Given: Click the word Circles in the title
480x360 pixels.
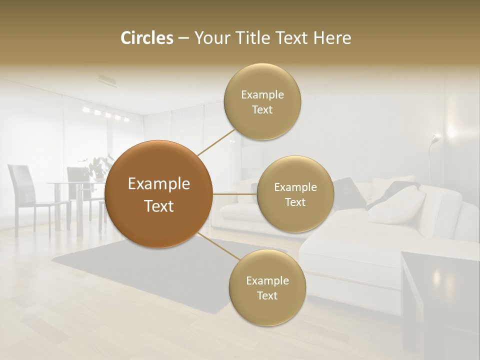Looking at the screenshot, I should point(147,38).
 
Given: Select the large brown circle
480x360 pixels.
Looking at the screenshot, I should point(159,194).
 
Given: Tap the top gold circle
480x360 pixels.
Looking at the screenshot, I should point(262,102).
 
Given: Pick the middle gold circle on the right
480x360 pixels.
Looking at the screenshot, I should point(295,194).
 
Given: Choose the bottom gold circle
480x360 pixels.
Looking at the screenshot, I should point(267,288).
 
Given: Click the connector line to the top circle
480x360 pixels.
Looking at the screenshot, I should point(215,141).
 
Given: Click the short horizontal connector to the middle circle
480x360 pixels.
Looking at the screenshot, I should point(234,194).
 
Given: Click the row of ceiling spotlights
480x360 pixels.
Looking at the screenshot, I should point(106,114).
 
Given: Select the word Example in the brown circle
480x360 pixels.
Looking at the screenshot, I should point(159,184).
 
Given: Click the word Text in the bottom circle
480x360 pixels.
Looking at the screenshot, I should point(267,295).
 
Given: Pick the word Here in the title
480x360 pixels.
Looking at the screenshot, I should point(333,38).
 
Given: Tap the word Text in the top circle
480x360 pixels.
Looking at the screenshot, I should point(262,110).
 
